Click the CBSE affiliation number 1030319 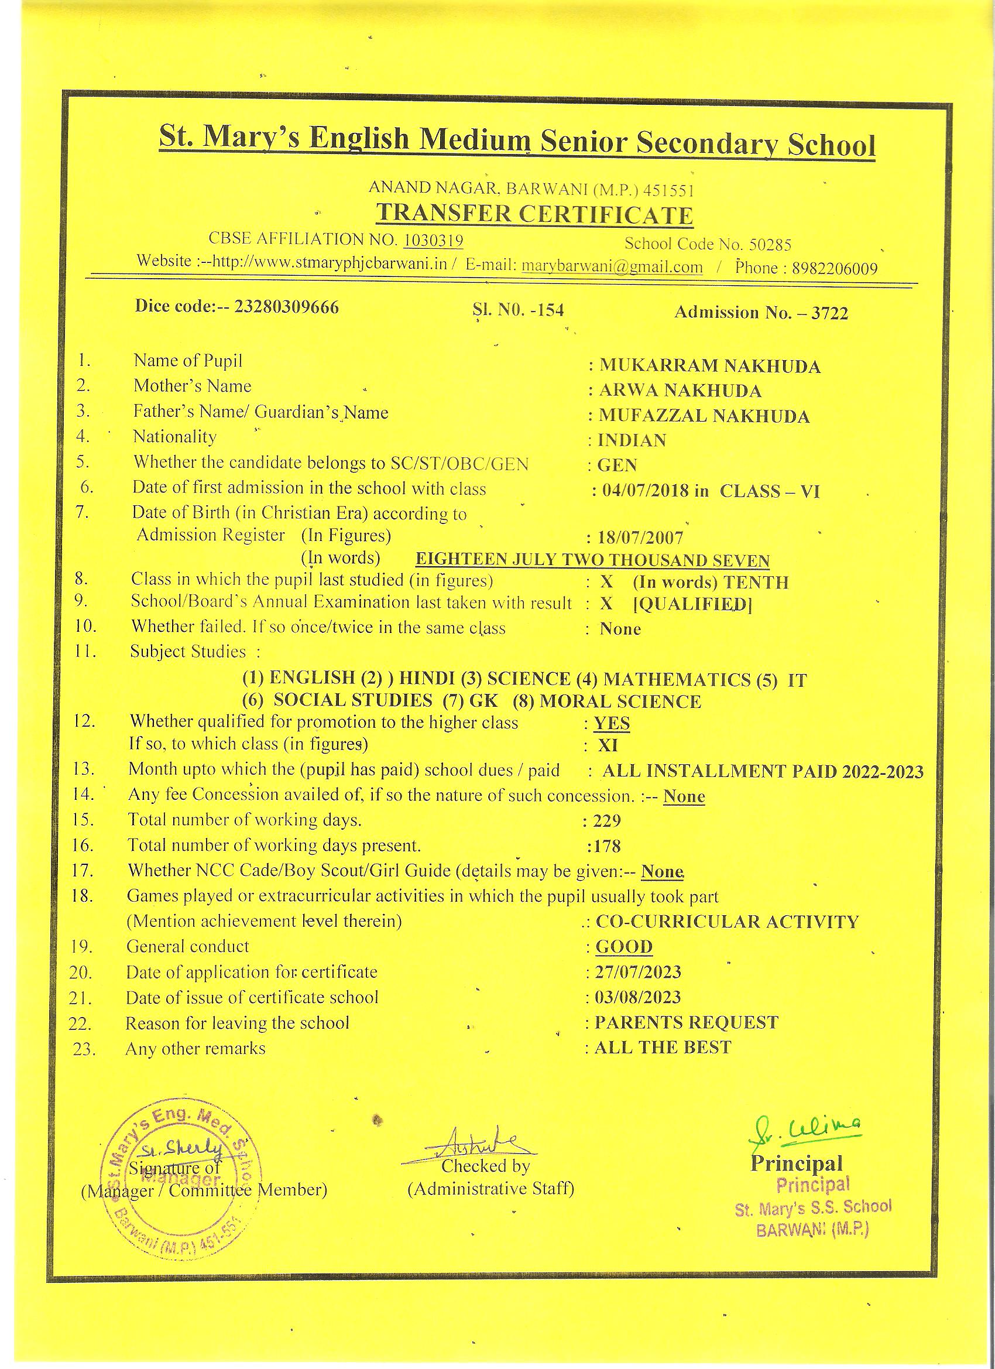click(x=433, y=240)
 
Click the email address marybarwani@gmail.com click(x=612, y=266)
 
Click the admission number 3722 click(x=830, y=313)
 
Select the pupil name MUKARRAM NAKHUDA click(x=709, y=366)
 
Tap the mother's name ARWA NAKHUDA click(x=680, y=391)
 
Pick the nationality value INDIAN click(x=632, y=441)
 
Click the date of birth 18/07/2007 click(x=640, y=537)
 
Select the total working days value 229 click(x=606, y=820)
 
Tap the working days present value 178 click(x=606, y=846)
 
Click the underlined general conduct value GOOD click(x=624, y=946)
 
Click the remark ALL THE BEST click(x=663, y=1048)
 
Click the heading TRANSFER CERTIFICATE click(x=534, y=215)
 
